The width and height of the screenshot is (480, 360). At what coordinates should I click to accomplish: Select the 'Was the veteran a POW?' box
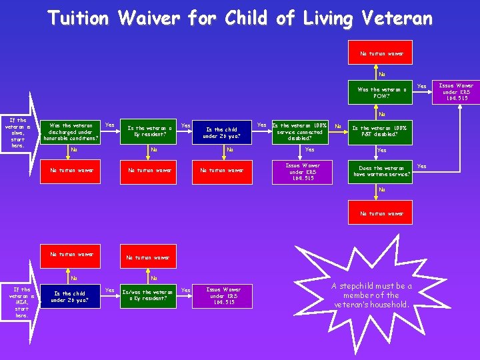click(x=382, y=93)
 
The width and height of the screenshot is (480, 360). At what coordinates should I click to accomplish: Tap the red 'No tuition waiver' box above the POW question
click(x=382, y=53)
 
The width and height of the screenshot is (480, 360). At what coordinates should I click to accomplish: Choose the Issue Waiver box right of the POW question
click(x=456, y=93)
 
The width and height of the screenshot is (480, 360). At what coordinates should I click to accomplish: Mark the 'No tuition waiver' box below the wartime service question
click(x=382, y=213)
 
